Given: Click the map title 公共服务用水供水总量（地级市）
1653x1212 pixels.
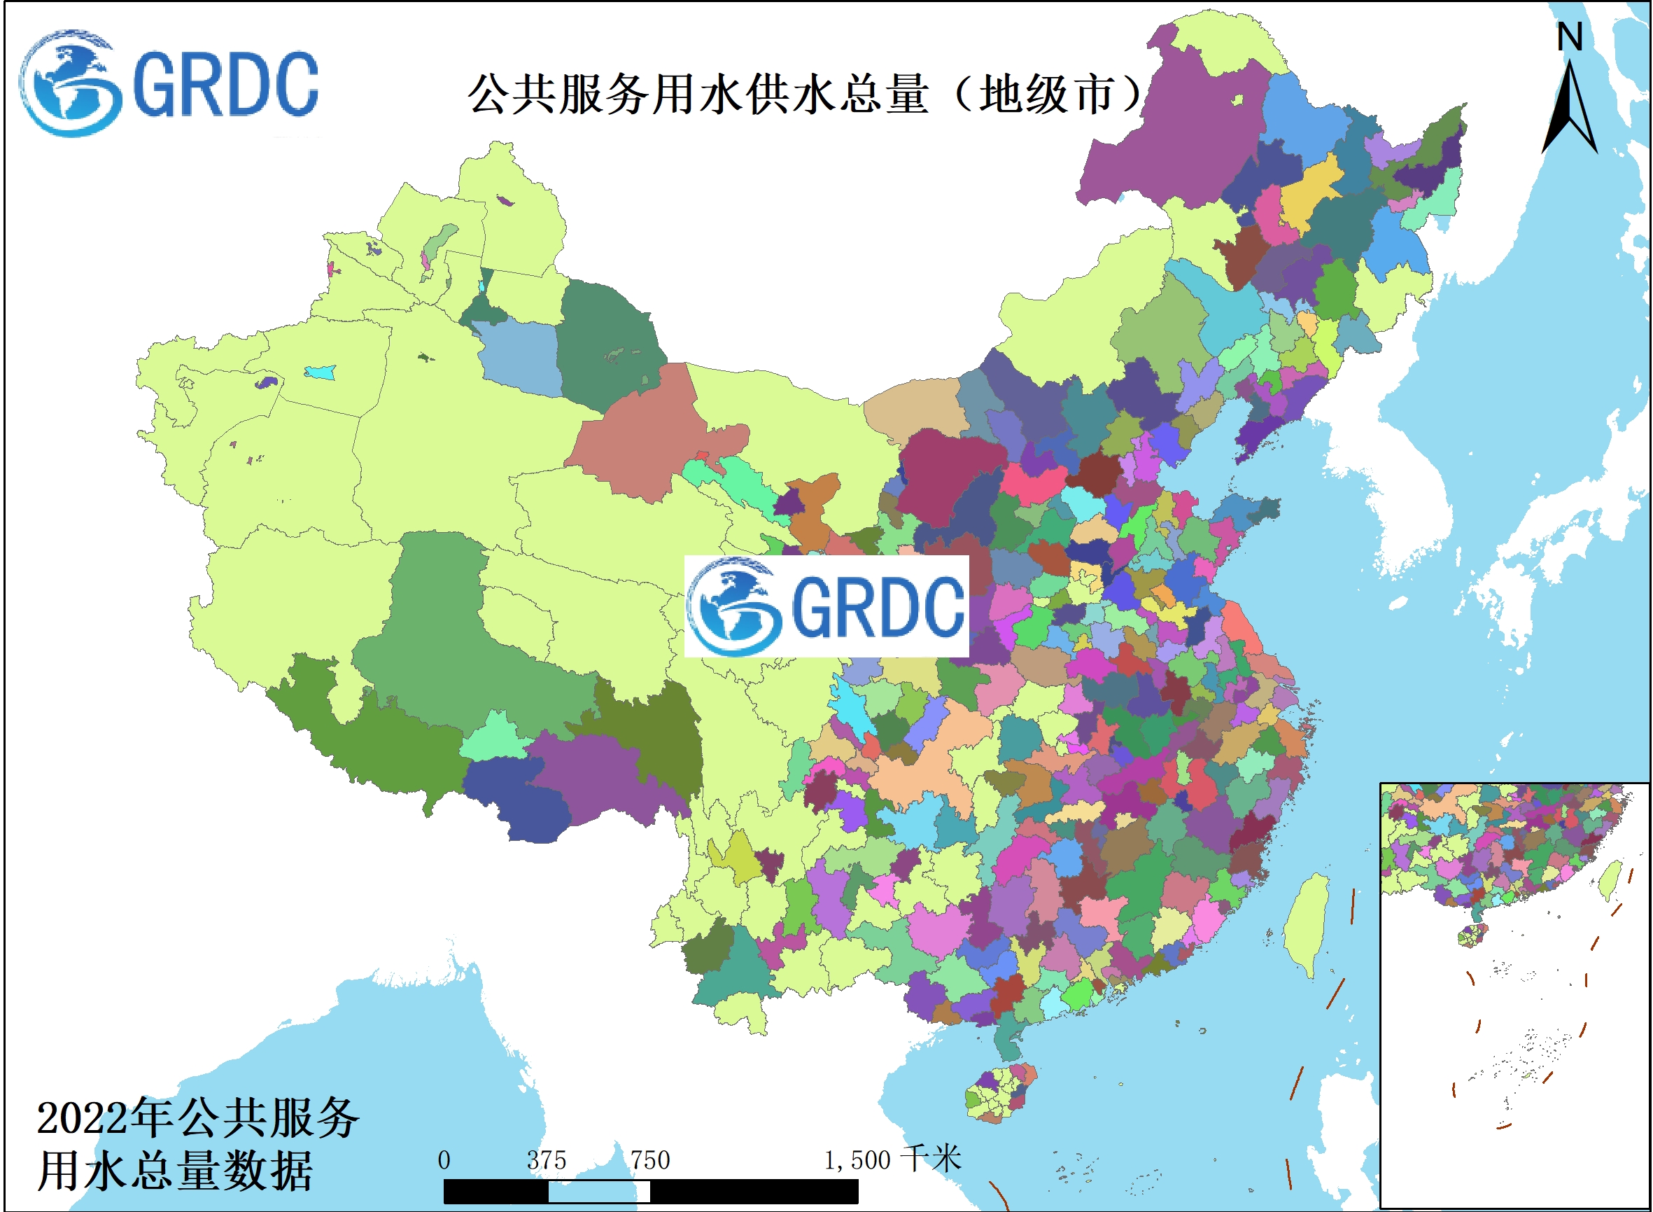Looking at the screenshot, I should [x=807, y=94].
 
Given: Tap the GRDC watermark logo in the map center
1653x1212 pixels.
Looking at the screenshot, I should [x=826, y=606].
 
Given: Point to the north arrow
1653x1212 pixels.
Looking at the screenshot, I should [x=1570, y=110].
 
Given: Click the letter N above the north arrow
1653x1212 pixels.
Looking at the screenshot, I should [x=1570, y=36].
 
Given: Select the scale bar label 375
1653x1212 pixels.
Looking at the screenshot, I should [x=547, y=1161].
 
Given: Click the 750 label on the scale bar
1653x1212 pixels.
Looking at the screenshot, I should [x=649, y=1161].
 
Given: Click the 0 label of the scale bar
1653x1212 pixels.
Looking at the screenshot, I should [x=444, y=1161].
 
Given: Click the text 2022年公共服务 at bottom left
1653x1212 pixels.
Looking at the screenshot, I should [x=198, y=1119].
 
